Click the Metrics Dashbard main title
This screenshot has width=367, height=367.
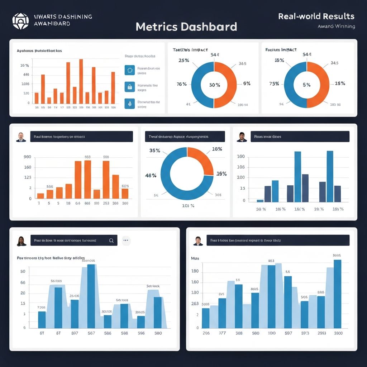186,27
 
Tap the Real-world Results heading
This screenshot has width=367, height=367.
316,16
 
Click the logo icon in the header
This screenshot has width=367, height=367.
20,21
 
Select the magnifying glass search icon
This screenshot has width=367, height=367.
111,241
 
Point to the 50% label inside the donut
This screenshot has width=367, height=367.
214,85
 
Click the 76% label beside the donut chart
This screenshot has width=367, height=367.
182,84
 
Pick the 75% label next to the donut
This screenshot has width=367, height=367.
274,84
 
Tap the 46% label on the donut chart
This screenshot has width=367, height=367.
151,175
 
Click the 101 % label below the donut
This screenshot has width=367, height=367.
188,206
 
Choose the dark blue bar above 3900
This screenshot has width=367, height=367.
337,294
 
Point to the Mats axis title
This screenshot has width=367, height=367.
195,258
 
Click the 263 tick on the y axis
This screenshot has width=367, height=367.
195,304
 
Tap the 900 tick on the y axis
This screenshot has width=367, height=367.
27,157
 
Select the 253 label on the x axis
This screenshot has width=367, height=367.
106,203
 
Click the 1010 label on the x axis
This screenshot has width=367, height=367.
271,333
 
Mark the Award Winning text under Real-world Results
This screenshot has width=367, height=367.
336,26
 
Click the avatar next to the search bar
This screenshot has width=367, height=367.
22,241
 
